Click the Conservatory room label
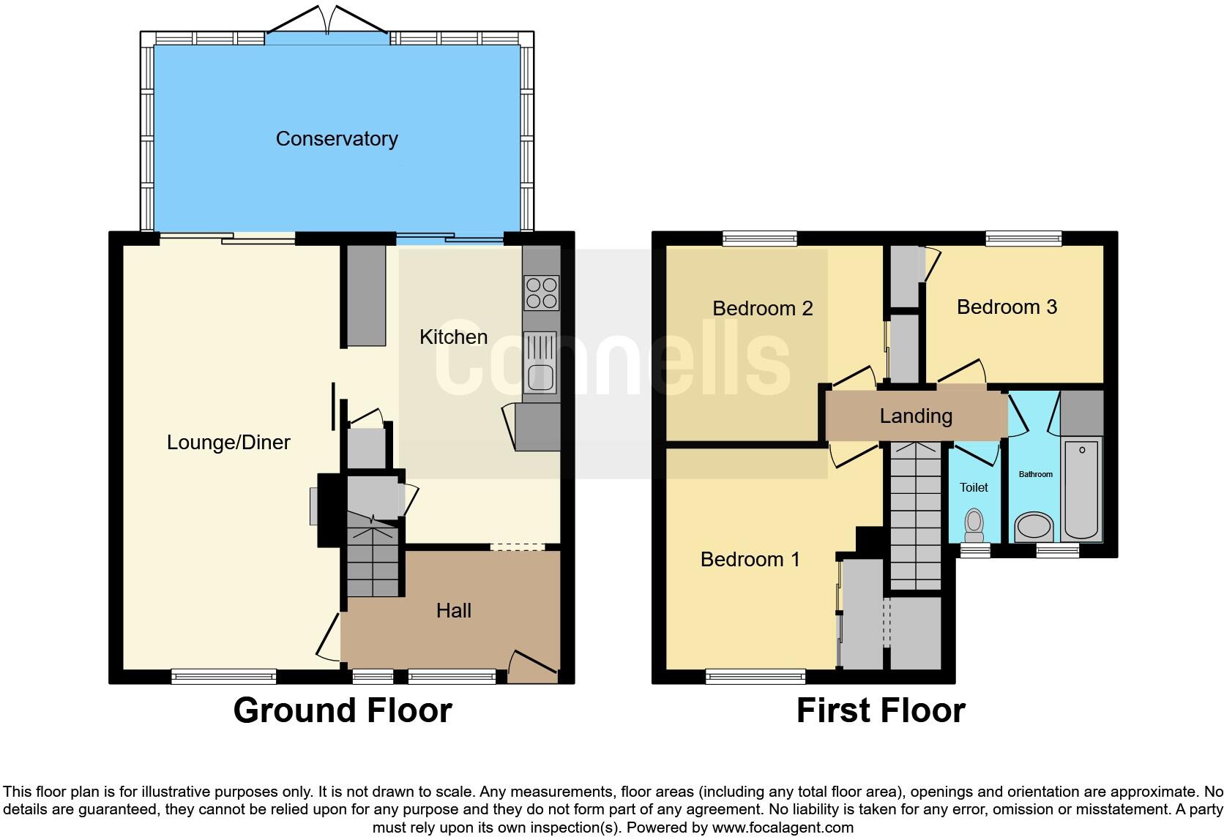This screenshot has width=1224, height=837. pyautogui.click(x=337, y=138)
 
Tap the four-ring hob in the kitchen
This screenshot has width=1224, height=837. pyautogui.click(x=541, y=293)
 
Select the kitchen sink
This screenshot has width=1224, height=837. pyautogui.click(x=540, y=363)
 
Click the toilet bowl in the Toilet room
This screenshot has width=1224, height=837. pyautogui.click(x=974, y=524)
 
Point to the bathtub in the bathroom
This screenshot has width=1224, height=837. pyautogui.click(x=1082, y=488)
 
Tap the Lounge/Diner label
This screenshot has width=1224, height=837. pyautogui.click(x=228, y=442)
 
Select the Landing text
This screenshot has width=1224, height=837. pyautogui.click(x=916, y=416)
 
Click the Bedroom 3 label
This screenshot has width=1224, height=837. pyautogui.click(x=1007, y=307)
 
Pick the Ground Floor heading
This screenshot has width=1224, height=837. pyautogui.click(x=343, y=710)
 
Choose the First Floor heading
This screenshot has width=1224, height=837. pyautogui.click(x=881, y=710)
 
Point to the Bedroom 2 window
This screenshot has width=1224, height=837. pyautogui.click(x=759, y=238)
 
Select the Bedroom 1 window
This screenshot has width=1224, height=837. pyautogui.click(x=755, y=677)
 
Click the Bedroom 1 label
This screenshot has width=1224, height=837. pyautogui.click(x=750, y=560)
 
